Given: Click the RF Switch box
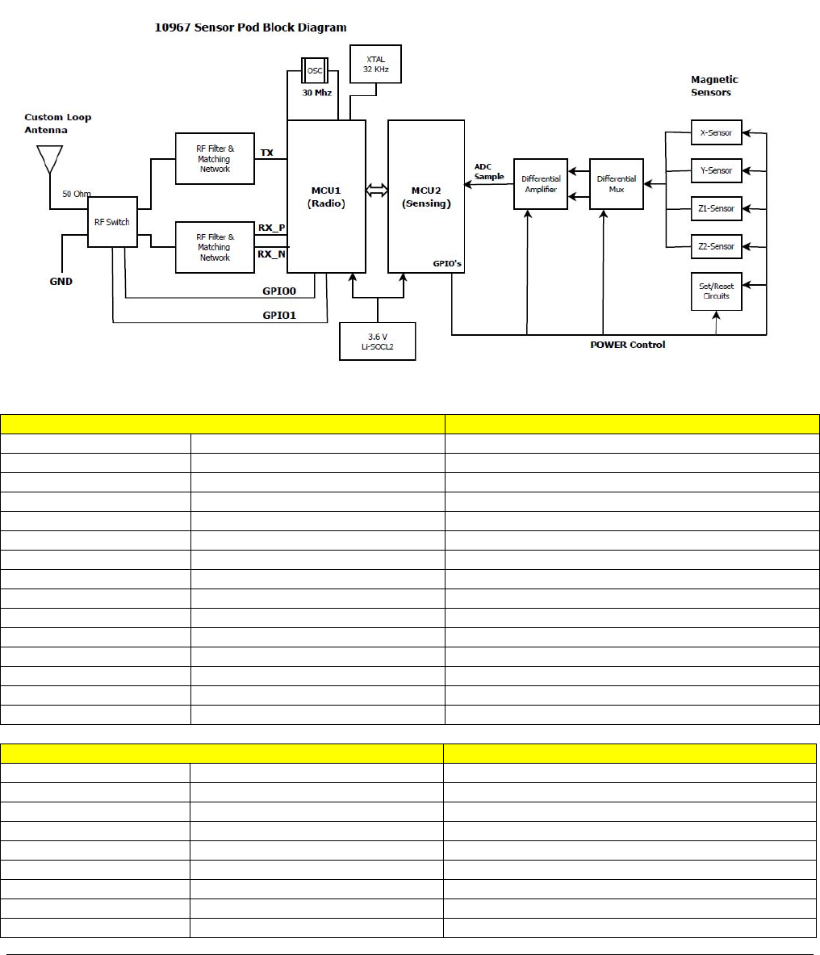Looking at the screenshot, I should [112, 222].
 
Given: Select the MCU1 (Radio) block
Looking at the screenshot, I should [327, 197].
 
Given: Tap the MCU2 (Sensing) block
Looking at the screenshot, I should [426, 197].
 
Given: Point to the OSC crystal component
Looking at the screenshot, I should [313, 69].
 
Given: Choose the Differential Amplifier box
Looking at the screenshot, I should [540, 184].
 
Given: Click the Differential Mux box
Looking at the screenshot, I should [617, 184].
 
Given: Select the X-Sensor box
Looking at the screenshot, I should [716, 132].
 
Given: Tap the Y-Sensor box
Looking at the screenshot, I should [716, 170].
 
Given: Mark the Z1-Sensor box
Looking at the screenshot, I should [716, 208].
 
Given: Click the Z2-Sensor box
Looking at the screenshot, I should [716, 246].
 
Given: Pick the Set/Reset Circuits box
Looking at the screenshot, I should [716, 291].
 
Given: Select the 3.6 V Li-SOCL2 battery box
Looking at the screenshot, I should [378, 341].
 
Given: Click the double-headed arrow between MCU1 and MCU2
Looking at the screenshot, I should [377, 190].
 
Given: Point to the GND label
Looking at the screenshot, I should [61, 282].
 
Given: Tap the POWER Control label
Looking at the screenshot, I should [628, 345].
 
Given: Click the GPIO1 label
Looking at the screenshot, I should [279, 315].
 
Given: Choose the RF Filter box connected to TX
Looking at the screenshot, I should [215, 159].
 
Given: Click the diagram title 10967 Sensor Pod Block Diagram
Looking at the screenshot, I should [250, 27].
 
